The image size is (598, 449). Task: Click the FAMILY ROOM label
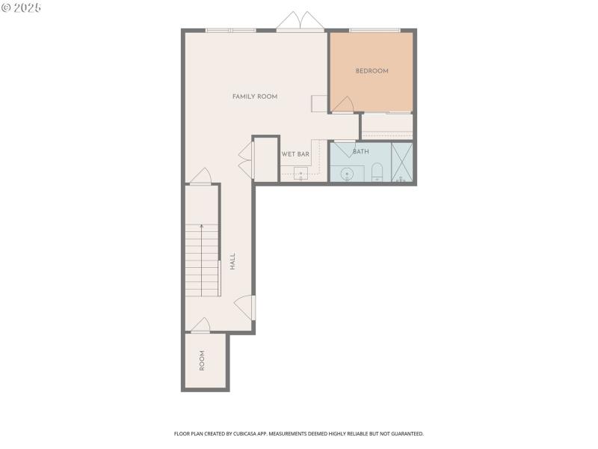coord(255,97)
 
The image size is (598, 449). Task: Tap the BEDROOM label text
coord(372,71)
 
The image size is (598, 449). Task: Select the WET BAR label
coord(295,154)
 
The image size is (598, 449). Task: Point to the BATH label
coord(361,152)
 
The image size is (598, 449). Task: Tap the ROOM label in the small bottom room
coord(202,361)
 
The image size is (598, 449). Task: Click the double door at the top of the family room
coord(300,22)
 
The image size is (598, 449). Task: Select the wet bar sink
coord(300,174)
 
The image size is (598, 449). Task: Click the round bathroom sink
coord(347,175)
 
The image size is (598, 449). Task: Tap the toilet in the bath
coord(377,173)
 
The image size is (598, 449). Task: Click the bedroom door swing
coord(342,106)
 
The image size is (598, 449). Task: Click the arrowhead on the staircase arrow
coord(201,225)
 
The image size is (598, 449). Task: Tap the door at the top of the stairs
coord(201,177)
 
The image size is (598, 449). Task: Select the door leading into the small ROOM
coord(200,325)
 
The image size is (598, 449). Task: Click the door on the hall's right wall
coord(245,306)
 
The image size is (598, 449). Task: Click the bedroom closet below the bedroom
coord(386,126)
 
